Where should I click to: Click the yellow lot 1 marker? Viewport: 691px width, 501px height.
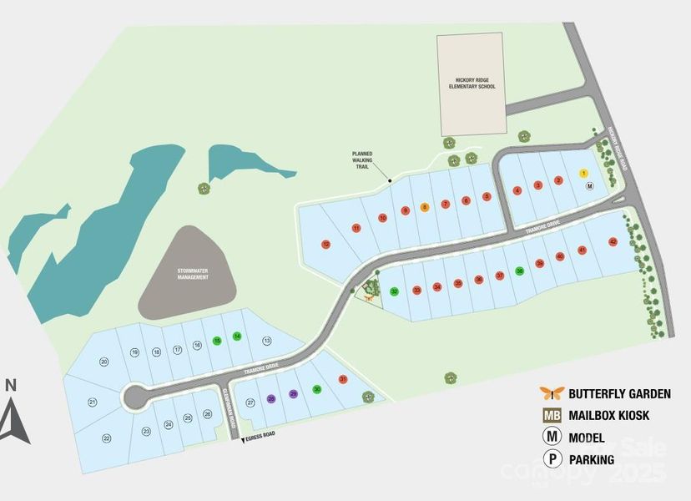coord(584,173)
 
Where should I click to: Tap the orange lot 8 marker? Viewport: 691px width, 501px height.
coord(425,207)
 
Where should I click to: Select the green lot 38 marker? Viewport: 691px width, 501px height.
coord(520,271)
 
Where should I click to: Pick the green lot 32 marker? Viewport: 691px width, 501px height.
coord(394,292)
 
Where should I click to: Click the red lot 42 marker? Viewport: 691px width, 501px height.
coord(613,242)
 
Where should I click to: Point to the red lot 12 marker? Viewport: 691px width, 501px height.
coord(325,244)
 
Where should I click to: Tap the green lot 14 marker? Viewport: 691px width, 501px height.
coord(237,336)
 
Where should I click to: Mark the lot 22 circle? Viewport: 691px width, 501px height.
coord(107,438)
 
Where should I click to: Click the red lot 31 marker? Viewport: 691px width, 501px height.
coord(343,380)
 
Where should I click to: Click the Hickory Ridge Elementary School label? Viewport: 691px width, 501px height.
coord(471,83)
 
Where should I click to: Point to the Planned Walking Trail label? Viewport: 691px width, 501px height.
coord(362,160)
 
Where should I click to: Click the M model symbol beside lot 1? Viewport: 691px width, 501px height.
coord(589,187)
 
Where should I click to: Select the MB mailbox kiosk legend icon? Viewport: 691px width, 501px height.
coord(550,415)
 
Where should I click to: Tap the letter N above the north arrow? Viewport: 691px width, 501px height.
coord(11,385)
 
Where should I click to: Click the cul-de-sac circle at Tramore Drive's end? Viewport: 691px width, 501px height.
coord(133,397)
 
